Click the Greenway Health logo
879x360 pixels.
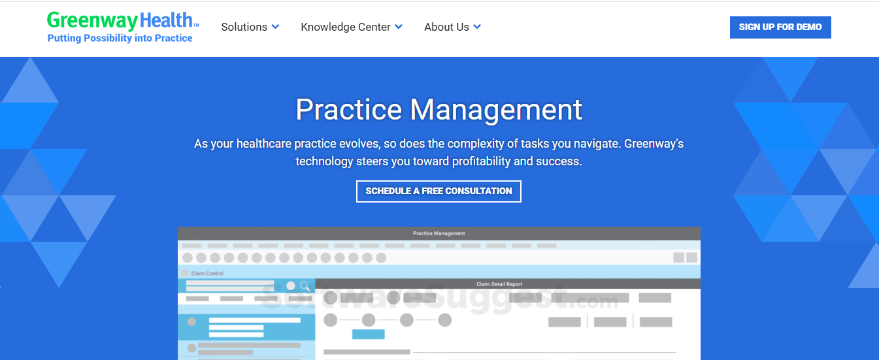[123, 26]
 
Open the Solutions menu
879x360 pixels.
[250, 27]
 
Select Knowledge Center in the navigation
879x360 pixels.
[352, 27]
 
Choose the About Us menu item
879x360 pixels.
[452, 27]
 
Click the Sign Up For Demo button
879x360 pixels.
[780, 27]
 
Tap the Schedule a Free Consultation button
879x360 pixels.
[439, 191]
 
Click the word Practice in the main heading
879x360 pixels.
[348, 109]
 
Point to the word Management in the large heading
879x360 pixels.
[496, 110]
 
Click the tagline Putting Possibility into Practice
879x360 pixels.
[120, 38]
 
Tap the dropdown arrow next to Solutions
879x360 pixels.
[276, 27]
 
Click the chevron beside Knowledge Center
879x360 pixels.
[399, 27]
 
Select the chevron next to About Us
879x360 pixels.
[477, 27]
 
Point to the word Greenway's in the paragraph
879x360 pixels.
[654, 144]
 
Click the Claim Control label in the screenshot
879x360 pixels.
[207, 273]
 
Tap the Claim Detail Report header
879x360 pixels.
[499, 284]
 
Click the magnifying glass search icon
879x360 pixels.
[305, 286]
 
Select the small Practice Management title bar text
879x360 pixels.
[439, 233]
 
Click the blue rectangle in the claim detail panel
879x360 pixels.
[368, 334]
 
